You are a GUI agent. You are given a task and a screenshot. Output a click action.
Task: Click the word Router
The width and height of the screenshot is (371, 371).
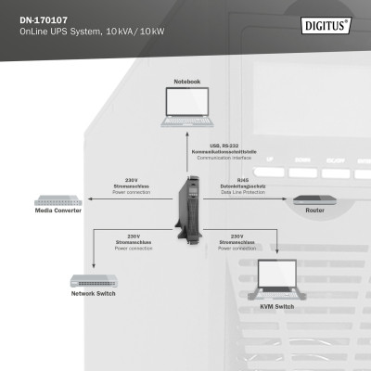[314, 211]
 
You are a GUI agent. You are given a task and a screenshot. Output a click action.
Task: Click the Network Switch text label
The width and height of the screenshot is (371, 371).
[94, 294]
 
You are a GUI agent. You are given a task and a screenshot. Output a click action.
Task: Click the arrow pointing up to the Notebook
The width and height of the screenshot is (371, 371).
[186, 139]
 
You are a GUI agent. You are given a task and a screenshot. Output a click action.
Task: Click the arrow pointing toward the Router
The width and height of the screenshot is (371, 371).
[278, 198]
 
